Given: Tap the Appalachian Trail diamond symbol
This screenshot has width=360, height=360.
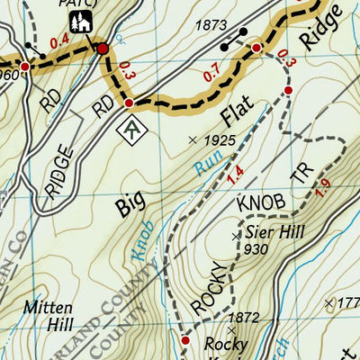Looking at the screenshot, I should [x=133, y=128].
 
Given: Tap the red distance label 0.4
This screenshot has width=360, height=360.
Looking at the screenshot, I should [x=58, y=41].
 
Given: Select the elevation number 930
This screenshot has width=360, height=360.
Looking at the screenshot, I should [x=256, y=249].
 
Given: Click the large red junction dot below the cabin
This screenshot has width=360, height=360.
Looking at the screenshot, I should [x=103, y=48].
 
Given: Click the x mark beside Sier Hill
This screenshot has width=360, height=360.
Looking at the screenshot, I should [x=237, y=236].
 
